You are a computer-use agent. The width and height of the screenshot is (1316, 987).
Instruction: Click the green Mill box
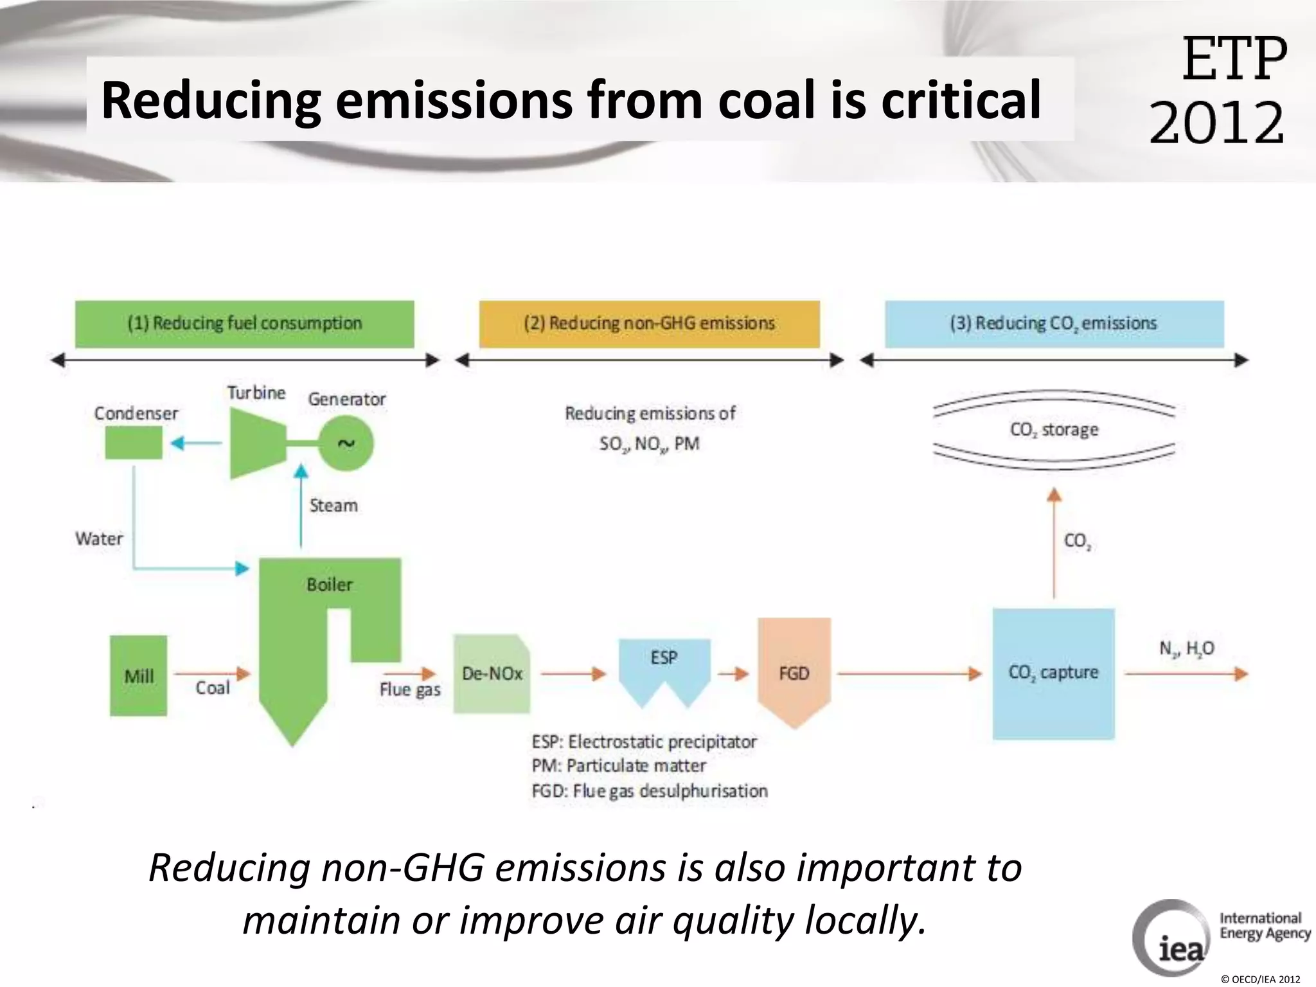point(138,675)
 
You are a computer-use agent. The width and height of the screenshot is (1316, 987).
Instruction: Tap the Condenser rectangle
point(134,443)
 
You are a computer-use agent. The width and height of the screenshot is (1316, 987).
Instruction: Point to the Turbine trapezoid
point(258,443)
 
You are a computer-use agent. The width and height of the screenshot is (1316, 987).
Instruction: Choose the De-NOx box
point(492,673)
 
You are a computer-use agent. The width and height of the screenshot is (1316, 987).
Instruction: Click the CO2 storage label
point(1054,429)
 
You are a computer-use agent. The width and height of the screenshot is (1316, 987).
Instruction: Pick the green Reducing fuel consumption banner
point(244,324)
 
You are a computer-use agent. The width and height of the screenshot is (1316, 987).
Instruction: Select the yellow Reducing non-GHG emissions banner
point(649,324)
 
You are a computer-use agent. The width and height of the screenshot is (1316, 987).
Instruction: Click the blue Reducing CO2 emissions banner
point(1054,324)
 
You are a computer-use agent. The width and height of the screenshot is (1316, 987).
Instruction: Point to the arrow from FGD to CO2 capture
point(909,673)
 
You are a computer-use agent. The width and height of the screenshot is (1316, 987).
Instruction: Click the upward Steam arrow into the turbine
point(301,508)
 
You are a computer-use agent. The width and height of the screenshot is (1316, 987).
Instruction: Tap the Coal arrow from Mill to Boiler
point(212,673)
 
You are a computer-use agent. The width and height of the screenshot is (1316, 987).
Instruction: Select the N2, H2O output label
point(1186,649)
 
